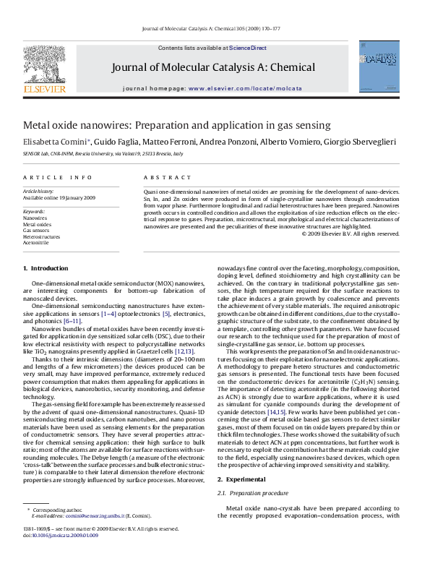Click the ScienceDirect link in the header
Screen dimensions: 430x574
(248, 48)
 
